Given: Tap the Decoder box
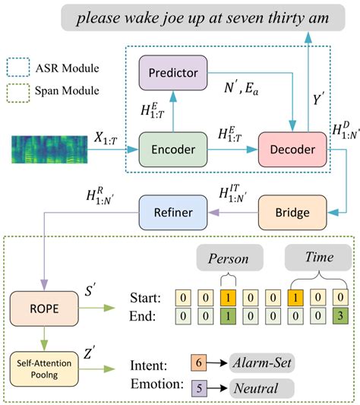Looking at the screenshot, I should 286,148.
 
